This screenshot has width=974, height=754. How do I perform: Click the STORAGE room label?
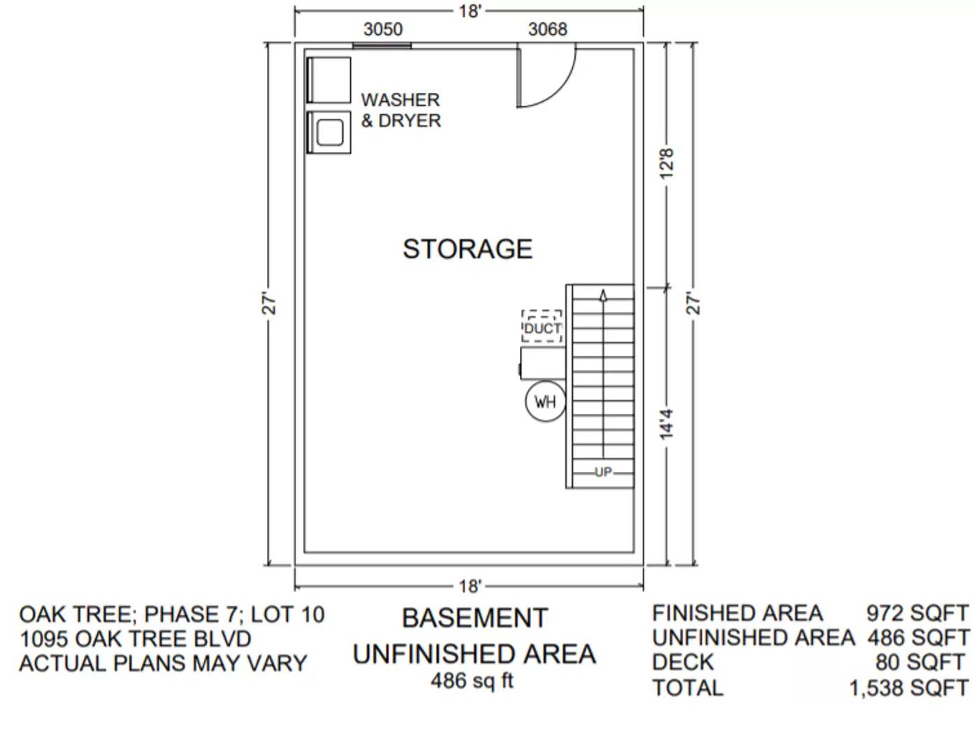click(x=467, y=249)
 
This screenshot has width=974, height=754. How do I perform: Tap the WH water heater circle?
click(x=545, y=401)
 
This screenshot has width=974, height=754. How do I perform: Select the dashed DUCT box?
click(x=542, y=327)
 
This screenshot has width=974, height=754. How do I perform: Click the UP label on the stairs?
click(x=603, y=473)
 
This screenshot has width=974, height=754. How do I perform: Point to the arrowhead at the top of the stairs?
click(x=603, y=295)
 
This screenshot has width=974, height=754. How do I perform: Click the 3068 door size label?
click(x=547, y=29)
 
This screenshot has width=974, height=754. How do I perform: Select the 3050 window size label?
click(x=383, y=29)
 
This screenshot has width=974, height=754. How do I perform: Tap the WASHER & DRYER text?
click(x=400, y=110)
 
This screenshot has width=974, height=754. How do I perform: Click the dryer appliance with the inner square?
click(x=330, y=132)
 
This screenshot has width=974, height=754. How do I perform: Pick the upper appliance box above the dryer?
click(x=329, y=80)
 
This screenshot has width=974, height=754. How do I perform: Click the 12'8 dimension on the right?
click(x=667, y=163)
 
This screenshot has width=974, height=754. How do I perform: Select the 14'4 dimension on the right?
click(x=667, y=424)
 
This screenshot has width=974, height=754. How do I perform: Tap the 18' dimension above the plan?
click(x=470, y=11)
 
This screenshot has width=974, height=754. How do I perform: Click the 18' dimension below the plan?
click(x=470, y=586)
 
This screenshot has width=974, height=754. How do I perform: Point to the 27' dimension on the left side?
click(x=270, y=305)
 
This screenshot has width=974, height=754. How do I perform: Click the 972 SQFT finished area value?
click(x=917, y=613)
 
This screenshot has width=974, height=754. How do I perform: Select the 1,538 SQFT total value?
click(x=908, y=688)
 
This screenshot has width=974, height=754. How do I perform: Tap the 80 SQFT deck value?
click(x=920, y=662)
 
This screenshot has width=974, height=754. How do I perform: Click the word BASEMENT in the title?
click(x=474, y=619)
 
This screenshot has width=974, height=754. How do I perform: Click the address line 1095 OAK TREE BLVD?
click(x=136, y=639)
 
